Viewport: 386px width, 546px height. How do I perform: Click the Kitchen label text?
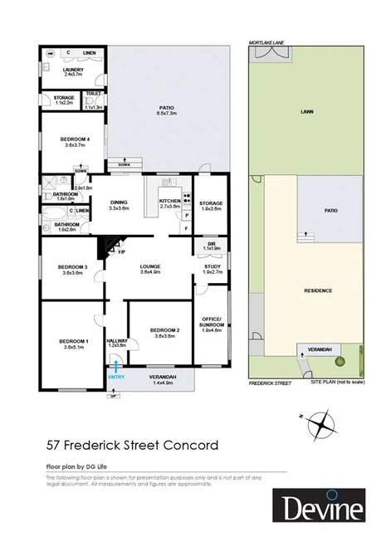point(170,201)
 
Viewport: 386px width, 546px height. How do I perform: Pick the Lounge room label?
point(150,266)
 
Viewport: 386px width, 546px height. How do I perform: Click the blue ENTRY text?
point(116,378)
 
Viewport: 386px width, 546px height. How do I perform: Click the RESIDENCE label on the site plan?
point(318,290)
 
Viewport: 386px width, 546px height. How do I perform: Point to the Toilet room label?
point(93,95)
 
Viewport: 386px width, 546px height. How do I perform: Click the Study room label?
point(213,266)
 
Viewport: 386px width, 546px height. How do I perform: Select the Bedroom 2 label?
point(161,330)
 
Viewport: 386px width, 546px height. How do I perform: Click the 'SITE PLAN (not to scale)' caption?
point(337,382)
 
